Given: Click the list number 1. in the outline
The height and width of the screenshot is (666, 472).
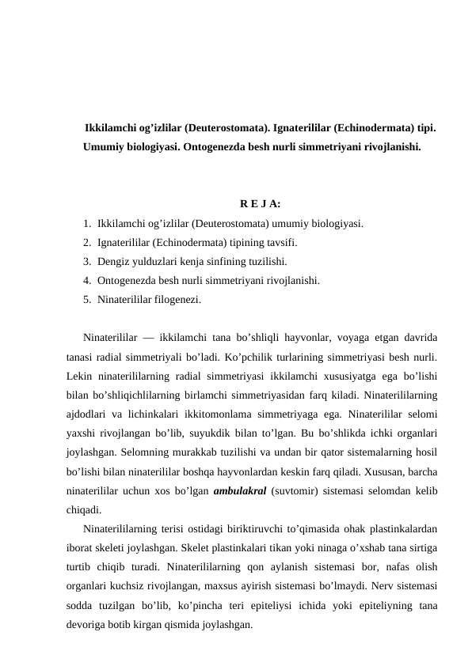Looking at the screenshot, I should pos(86,225).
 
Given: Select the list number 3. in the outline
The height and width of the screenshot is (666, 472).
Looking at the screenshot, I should pos(86,262).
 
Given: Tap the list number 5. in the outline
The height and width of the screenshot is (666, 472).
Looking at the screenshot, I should pos(86,300).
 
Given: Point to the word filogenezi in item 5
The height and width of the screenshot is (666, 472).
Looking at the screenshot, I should pos(177,300).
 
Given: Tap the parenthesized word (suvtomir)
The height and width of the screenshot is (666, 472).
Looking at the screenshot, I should pos(294,490).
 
